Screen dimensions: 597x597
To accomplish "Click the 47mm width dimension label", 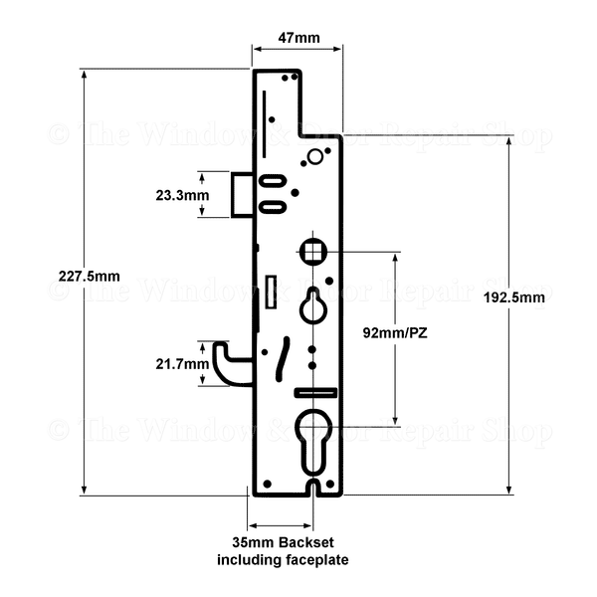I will coord(298,39).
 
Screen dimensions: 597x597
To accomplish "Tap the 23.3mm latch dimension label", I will coord(182,195).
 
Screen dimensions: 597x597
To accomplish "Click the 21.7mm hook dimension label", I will coord(182,365).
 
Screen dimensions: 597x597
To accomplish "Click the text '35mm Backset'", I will coord(283,544).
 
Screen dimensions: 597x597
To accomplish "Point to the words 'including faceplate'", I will coord(283,561).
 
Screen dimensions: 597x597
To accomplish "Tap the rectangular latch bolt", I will coord(242,194).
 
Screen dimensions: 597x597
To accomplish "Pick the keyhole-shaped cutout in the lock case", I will coord(313,304).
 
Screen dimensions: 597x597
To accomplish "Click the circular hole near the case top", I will coord(315,156).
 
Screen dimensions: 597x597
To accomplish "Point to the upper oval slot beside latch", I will coord(274,181).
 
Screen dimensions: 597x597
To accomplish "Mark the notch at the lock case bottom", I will coord(314,488).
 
